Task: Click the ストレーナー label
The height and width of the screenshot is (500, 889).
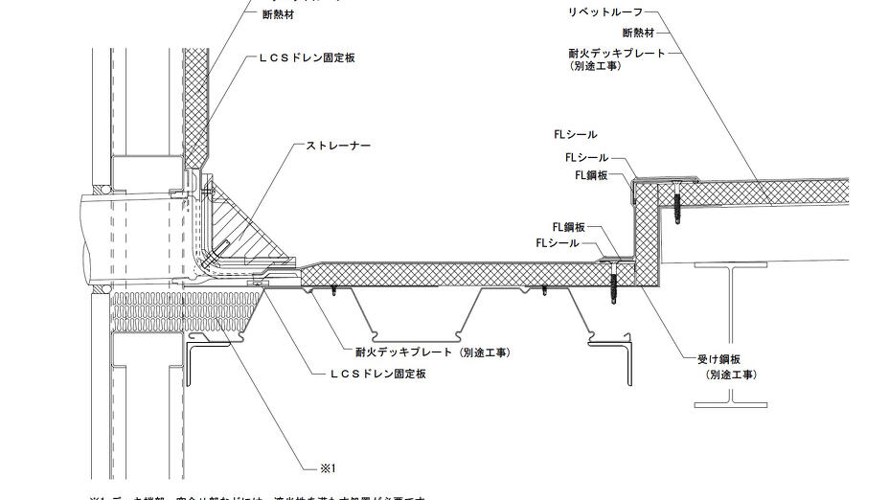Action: point(337,146)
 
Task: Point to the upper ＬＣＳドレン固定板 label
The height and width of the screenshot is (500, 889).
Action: point(307,58)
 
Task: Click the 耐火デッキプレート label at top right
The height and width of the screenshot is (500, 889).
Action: point(617,54)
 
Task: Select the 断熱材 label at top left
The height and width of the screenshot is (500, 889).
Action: point(278,14)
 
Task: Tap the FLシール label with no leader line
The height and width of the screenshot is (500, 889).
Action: point(575,135)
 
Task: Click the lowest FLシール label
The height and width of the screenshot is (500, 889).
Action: point(558,244)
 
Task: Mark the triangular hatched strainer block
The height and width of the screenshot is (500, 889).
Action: point(244,222)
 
